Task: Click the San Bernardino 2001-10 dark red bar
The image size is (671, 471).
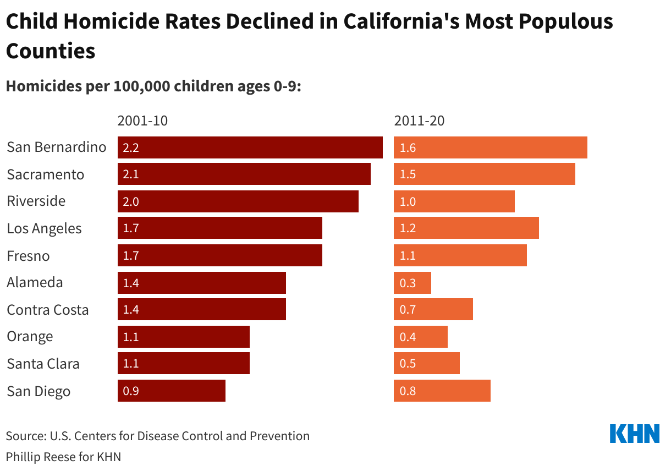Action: coord(250,147)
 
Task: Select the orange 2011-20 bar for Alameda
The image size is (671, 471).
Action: coord(413,283)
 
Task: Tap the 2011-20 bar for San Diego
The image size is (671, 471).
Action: coord(442,391)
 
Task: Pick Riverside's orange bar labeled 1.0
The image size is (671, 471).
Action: coord(454,201)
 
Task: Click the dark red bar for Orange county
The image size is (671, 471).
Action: coord(184,337)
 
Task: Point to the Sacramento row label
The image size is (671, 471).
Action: coord(46,174)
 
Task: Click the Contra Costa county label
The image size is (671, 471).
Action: coord(48,310)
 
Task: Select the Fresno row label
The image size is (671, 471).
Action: coord(28,256)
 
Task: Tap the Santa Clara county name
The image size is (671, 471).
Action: coord(43,364)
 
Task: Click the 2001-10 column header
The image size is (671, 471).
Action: coord(142,121)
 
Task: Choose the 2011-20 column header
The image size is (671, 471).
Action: coord(419,121)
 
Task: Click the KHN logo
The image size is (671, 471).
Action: coord(635,434)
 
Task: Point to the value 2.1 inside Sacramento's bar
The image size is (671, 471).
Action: coord(131,174)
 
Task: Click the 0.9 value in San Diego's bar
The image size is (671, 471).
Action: coord(131,391)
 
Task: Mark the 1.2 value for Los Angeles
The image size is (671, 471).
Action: coord(408,228)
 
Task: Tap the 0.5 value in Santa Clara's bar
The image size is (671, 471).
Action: coord(408,364)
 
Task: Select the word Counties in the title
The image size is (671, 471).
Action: coord(51,51)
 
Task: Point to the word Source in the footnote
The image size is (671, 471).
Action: coord(25,436)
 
